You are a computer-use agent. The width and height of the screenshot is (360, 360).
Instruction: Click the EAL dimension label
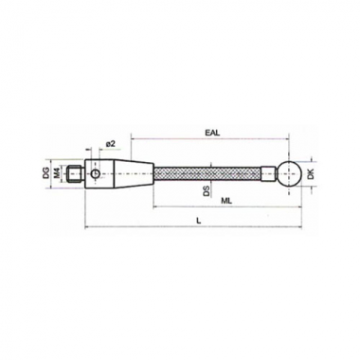tap(212, 133)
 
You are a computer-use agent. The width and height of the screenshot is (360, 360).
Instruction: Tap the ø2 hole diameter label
tap(111, 144)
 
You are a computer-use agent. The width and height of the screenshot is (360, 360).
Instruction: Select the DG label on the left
tap(46, 173)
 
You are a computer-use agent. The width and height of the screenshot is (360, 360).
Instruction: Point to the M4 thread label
tap(57, 173)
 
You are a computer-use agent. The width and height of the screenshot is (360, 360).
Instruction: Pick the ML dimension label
tap(226, 202)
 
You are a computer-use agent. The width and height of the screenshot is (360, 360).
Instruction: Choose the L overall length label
tap(199, 221)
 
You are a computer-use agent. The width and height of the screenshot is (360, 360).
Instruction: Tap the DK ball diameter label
tap(311, 173)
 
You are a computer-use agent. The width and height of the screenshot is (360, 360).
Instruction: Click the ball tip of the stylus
tap(289, 173)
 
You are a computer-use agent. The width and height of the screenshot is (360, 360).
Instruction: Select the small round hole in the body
tap(96, 173)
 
